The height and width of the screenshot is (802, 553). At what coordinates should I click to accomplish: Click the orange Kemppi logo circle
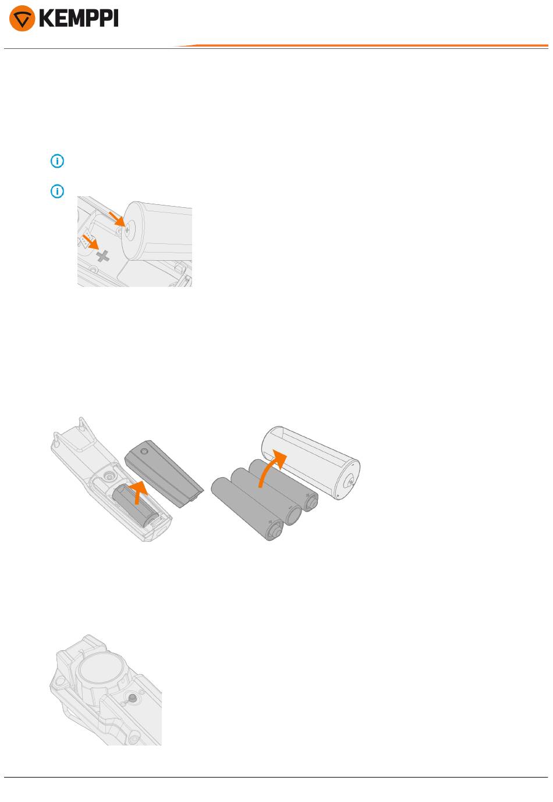tap(22, 18)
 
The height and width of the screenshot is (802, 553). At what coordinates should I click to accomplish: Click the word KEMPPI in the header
tap(79, 18)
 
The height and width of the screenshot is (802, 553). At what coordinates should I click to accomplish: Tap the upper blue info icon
tap(57, 161)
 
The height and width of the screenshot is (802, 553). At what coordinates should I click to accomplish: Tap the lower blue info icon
tap(57, 191)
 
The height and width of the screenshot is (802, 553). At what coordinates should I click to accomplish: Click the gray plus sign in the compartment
tap(103, 256)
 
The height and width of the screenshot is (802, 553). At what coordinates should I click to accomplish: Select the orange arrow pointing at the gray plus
tap(91, 242)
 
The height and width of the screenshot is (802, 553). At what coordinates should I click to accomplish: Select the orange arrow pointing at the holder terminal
tap(116, 218)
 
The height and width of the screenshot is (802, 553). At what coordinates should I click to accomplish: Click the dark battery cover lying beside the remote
tap(164, 473)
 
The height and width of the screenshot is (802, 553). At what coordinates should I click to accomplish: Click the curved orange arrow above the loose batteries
tap(271, 467)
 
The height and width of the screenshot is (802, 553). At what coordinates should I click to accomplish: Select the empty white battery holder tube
tap(310, 462)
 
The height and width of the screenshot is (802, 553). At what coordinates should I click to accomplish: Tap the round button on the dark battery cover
tap(144, 451)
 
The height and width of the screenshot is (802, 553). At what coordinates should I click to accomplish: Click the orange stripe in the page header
tap(361, 45)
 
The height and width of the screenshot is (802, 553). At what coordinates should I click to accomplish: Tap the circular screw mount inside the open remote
tap(108, 476)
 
